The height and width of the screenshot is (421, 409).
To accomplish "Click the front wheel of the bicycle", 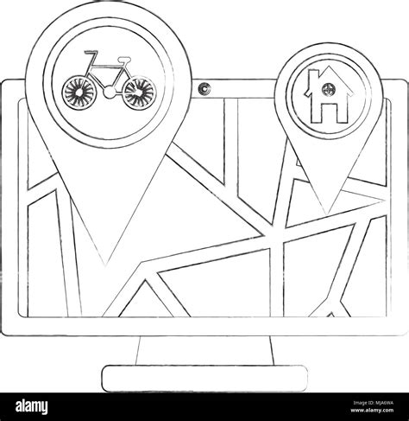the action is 79,92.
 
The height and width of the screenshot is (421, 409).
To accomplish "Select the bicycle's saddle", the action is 124,59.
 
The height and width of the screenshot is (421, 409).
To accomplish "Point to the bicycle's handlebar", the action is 91,54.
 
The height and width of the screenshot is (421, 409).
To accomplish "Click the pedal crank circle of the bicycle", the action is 110,92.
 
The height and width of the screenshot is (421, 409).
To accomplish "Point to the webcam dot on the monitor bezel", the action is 204,87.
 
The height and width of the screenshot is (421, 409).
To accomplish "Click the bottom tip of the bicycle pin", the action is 105,265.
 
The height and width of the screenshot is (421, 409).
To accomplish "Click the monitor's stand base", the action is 204,379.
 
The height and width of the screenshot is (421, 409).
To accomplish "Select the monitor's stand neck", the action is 204,350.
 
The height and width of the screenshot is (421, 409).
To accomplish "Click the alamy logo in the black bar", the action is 32,407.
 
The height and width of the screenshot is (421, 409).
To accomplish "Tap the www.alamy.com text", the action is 373,410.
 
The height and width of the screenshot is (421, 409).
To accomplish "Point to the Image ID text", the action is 374,403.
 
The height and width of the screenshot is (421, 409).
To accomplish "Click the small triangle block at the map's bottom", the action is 331,315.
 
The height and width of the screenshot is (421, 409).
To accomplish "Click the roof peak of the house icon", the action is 329,67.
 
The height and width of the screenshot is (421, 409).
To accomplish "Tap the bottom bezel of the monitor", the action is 204,327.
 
